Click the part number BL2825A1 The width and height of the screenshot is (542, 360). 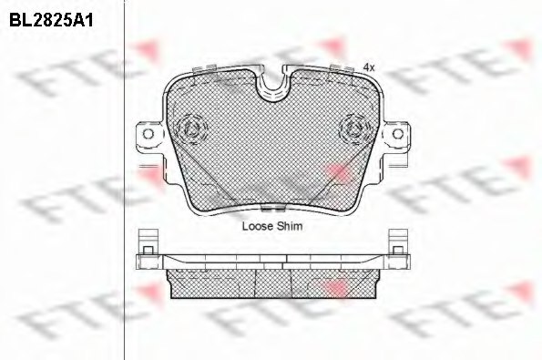tap(51, 20)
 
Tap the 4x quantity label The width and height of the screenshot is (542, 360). tap(369, 67)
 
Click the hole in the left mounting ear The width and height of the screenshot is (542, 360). tap(148, 133)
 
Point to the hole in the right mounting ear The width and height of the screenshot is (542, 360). tap(398, 133)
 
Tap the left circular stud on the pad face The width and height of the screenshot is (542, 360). tap(191, 129)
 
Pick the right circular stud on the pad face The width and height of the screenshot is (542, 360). tap(355, 129)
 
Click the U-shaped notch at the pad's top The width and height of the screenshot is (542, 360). tap(272, 83)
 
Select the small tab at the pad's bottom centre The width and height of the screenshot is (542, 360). tap(272, 208)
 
